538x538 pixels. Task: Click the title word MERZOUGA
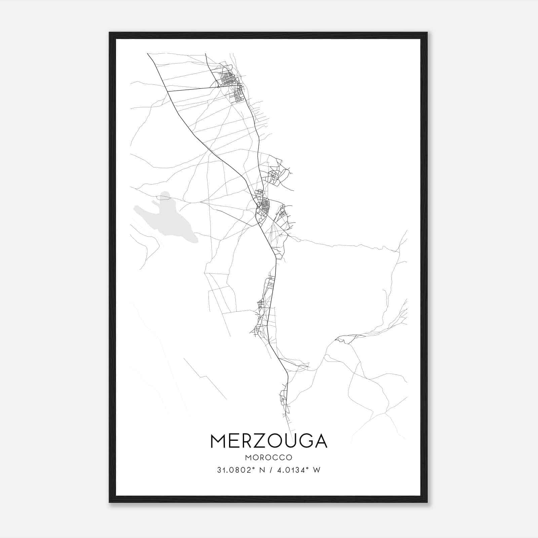tap(269, 441)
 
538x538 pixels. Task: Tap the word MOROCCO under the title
tap(269, 458)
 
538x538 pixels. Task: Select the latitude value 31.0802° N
tap(239, 470)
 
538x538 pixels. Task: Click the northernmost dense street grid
tap(229, 79)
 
